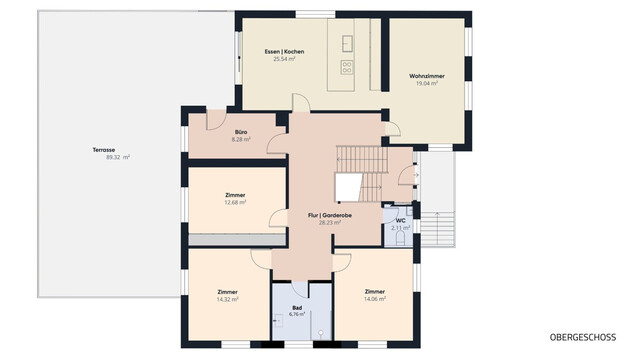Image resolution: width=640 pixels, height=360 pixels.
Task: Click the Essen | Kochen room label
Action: [x=284, y=51]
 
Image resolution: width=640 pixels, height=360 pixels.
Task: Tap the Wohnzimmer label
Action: [x=427, y=76]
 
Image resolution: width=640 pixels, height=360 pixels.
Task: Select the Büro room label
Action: [x=241, y=132]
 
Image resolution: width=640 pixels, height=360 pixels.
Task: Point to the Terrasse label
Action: [x=104, y=149]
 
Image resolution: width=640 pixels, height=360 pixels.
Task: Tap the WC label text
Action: [x=400, y=219]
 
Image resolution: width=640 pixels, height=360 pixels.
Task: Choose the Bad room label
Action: [x=297, y=307]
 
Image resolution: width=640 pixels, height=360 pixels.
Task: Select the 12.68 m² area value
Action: [x=236, y=203]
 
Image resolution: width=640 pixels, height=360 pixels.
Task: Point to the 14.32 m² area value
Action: [x=227, y=299]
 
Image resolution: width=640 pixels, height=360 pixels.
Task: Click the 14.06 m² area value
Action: [x=375, y=299]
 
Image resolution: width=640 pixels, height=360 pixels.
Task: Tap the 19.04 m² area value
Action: [x=427, y=84]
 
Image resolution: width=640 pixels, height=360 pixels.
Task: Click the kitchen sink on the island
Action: [x=348, y=43]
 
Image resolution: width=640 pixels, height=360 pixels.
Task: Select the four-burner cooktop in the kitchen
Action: [x=348, y=67]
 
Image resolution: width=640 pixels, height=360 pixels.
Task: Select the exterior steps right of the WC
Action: [x=447, y=229]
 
